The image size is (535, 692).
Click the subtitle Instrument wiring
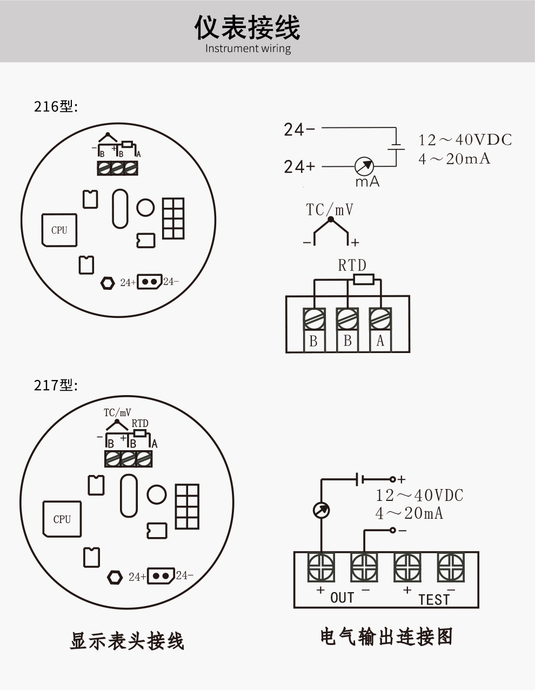tap(248, 49)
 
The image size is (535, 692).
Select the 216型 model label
tap(56, 106)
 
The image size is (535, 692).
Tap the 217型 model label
tap(56, 385)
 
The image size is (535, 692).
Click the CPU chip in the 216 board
tap(59, 230)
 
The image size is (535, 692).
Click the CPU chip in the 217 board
tap(62, 519)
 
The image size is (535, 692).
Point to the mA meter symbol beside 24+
tap(364, 166)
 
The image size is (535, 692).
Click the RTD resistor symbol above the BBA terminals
tap(363, 279)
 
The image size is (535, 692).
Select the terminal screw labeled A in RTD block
tap(380, 318)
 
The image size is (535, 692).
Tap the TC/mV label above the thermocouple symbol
tap(330, 209)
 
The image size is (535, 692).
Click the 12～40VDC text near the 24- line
tap(465, 140)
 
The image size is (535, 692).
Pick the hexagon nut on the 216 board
tap(108, 282)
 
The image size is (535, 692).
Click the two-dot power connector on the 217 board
tap(161, 576)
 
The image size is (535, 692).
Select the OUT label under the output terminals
tap(342, 598)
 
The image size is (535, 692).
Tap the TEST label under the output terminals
tap(433, 599)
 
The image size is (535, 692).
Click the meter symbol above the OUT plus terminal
tap(321, 510)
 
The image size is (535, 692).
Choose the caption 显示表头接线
tap(127, 641)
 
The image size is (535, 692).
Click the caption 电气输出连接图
tap(386, 636)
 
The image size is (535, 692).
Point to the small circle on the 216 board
tap(145, 207)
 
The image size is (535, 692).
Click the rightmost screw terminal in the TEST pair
tap(451, 567)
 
